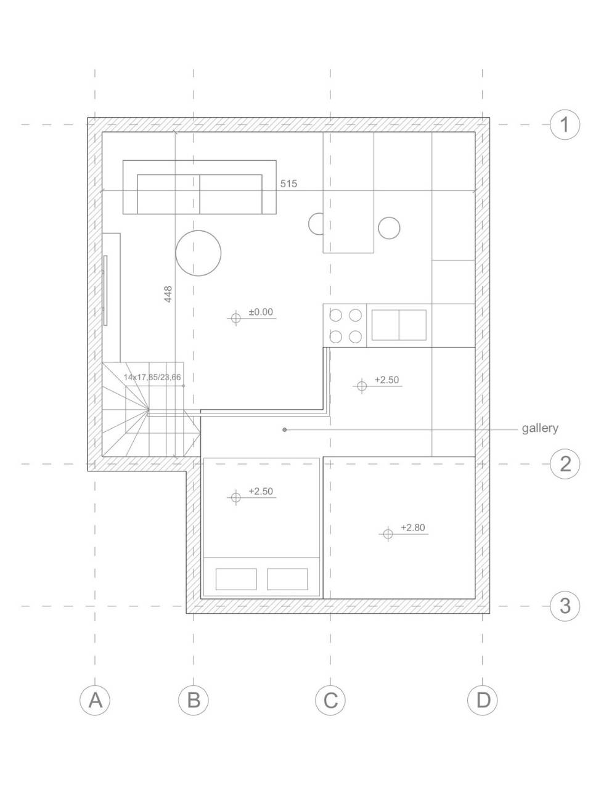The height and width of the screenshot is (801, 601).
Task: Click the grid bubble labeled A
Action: click(x=95, y=700)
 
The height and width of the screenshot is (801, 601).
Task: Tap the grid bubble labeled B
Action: click(x=194, y=700)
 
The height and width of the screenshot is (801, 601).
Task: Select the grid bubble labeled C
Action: click(x=330, y=700)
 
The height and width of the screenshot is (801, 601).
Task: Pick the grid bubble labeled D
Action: click(x=483, y=700)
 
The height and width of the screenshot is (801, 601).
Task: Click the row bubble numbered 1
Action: click(x=565, y=125)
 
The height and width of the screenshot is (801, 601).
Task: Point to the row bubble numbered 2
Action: click(x=565, y=464)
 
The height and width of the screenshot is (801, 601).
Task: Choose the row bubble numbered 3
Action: click(x=565, y=606)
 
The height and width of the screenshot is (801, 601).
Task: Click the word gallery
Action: click(x=540, y=428)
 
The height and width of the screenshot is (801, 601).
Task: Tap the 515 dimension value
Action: click(x=288, y=184)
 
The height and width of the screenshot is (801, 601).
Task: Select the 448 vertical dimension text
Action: click(x=168, y=294)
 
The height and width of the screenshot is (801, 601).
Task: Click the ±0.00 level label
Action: click(x=261, y=312)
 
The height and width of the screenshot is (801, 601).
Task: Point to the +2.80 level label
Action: click(x=413, y=527)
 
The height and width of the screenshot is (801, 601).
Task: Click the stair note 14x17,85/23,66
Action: click(x=152, y=377)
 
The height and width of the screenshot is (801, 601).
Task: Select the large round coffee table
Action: click(x=198, y=253)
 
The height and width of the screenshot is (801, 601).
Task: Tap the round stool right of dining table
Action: click(x=389, y=228)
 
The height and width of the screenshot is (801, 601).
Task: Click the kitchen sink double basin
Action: click(x=399, y=325)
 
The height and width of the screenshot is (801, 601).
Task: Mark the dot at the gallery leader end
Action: click(x=285, y=430)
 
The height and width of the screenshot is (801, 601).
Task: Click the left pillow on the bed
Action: click(x=236, y=579)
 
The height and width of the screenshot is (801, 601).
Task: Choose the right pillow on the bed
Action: click(x=287, y=579)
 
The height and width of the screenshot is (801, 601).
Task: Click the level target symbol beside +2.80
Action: click(x=388, y=534)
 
